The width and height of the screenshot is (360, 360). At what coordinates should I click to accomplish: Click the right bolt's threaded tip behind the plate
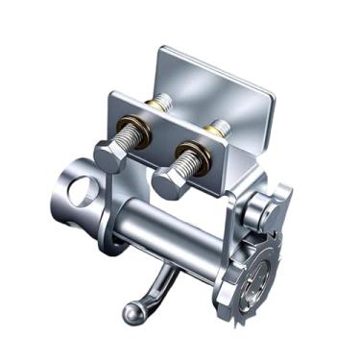coord(220,125)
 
